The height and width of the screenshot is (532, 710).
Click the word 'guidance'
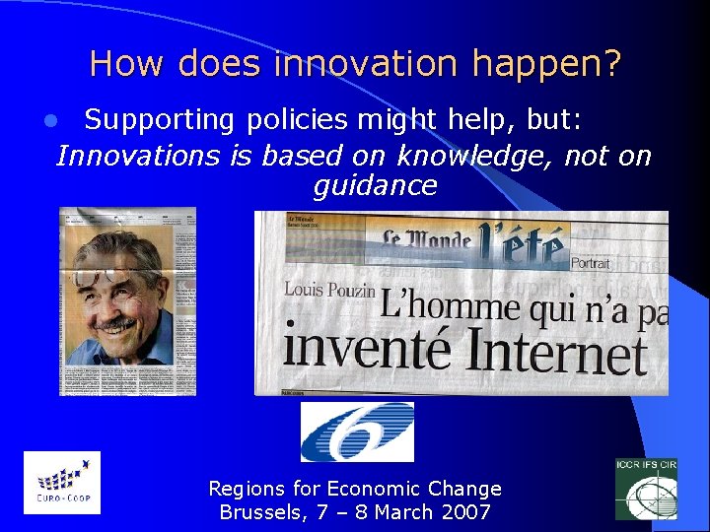point(375,185)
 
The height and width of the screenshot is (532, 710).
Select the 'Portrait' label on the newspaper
point(590,264)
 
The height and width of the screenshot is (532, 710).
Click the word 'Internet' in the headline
point(557,352)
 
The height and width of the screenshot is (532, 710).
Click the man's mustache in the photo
point(118,322)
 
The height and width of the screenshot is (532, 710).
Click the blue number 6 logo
point(356,432)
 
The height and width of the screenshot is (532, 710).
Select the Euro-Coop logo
point(61,483)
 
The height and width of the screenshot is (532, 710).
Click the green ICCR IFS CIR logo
point(646,488)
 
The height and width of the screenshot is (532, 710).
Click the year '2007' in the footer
point(465,512)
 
